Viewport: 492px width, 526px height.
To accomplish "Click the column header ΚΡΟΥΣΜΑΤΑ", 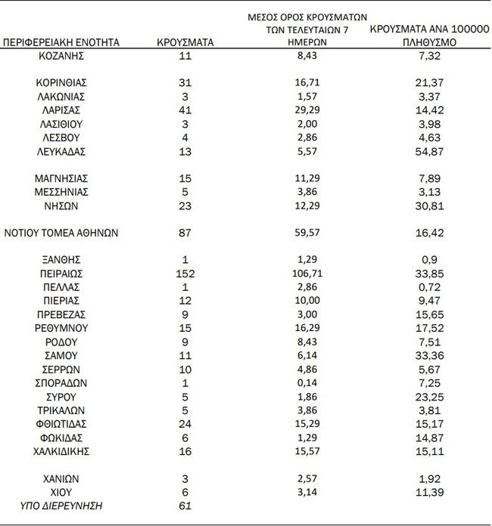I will [x=185, y=42].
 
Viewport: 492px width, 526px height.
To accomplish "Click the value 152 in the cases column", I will [x=185, y=273].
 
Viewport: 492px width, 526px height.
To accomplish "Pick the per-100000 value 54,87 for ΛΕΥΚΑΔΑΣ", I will [x=429, y=151].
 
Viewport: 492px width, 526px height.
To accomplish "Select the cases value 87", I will [x=185, y=233].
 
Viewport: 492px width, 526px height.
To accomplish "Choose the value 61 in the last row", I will [x=185, y=505].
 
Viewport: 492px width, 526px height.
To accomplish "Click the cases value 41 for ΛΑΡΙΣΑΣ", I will [x=185, y=110].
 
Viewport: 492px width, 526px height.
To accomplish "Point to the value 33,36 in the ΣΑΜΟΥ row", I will [x=429, y=354].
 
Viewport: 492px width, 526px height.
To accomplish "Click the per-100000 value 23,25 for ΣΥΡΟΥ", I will [x=429, y=396].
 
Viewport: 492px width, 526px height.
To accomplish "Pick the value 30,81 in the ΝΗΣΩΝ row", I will [x=429, y=206].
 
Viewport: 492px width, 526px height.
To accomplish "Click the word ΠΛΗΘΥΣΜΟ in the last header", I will [x=429, y=42].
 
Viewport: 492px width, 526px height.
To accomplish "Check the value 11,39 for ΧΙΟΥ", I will [x=429, y=492].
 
